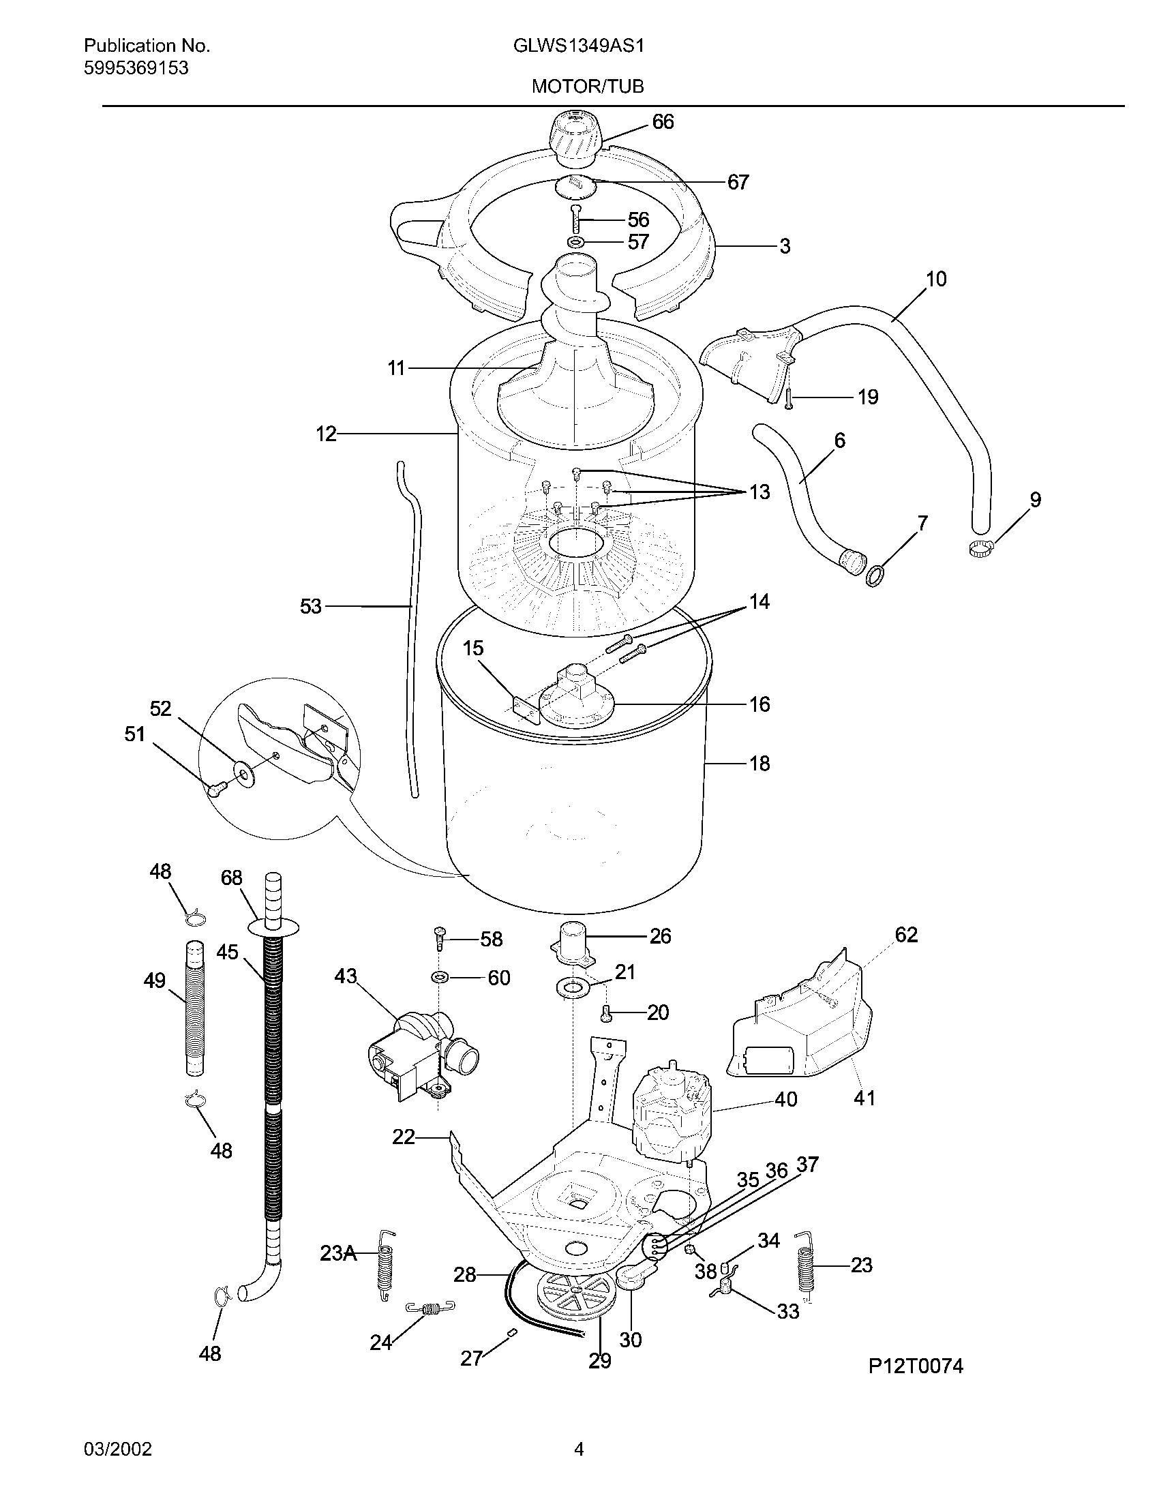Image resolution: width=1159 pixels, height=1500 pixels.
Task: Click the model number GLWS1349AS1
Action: click(x=578, y=46)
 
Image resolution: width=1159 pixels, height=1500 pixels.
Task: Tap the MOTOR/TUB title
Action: click(x=578, y=87)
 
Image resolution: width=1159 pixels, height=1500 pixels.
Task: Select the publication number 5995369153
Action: click(x=136, y=68)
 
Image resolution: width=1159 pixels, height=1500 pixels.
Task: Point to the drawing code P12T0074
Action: click(x=915, y=1367)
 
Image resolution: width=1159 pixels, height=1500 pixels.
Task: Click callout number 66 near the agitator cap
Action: click(x=663, y=121)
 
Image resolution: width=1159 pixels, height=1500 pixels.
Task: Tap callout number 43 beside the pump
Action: click(x=346, y=976)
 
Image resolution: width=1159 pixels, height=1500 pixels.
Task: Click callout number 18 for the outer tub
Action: click(x=759, y=763)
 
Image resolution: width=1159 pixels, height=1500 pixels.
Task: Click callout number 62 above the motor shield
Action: click(x=905, y=935)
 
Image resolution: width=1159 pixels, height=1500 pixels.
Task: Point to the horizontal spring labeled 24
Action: click(x=430, y=1309)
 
